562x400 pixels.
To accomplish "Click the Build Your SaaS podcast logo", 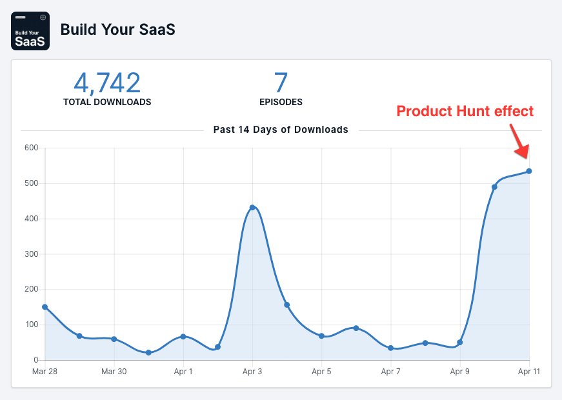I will [x=30, y=31].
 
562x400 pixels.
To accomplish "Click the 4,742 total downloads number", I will [x=107, y=83].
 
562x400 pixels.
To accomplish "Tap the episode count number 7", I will [x=281, y=83].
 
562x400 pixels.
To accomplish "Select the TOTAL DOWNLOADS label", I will [x=107, y=102].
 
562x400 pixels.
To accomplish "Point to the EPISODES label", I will [x=281, y=102].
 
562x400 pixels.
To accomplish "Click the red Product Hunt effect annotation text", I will [x=465, y=111].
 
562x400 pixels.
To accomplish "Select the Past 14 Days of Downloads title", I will [x=281, y=130].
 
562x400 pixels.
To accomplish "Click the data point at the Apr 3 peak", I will [x=252, y=207].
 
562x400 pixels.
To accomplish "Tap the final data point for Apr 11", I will [x=529, y=171].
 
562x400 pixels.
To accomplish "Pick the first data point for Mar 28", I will [x=45, y=306].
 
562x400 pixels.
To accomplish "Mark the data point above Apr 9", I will [x=460, y=342].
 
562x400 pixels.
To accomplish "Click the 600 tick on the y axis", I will [x=32, y=148].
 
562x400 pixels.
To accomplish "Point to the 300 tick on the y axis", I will [x=32, y=254].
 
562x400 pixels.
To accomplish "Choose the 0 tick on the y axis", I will [x=35, y=359].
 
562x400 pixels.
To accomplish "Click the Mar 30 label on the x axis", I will [x=114, y=372].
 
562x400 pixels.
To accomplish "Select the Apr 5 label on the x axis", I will [x=321, y=372].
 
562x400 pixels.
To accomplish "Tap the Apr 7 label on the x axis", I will [x=390, y=372].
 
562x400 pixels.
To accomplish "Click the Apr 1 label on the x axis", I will [x=183, y=372].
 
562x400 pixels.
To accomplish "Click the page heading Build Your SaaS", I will [x=117, y=30].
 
